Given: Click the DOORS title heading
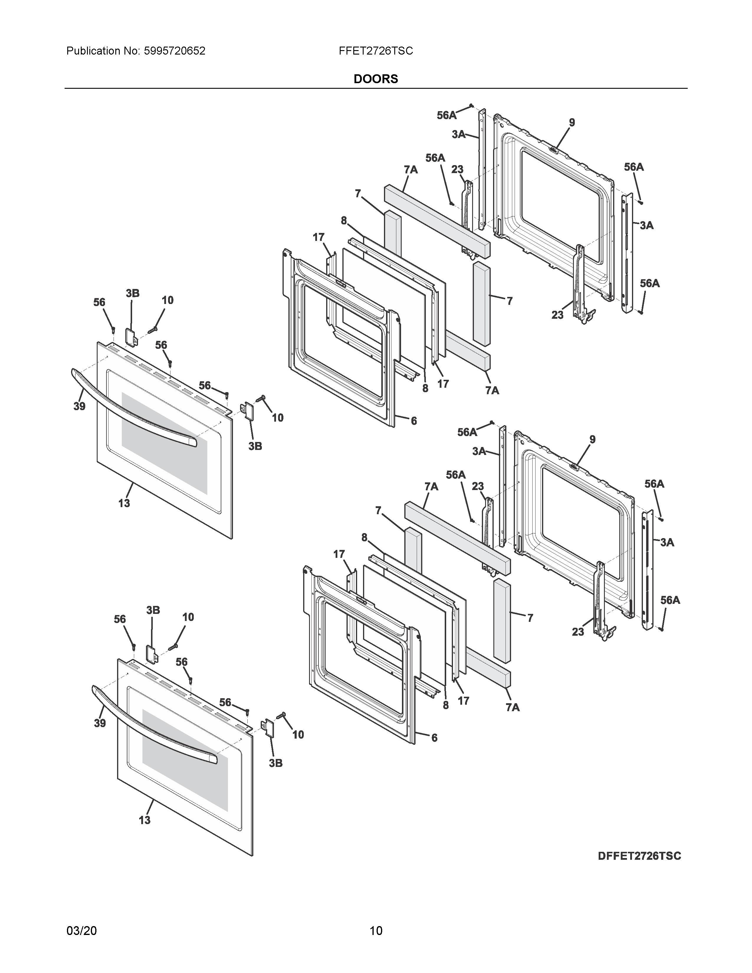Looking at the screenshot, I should (x=375, y=79).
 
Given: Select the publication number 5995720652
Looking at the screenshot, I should (x=174, y=51).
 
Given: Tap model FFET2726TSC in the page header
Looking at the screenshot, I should (x=375, y=51).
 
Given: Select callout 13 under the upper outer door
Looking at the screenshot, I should (x=124, y=503).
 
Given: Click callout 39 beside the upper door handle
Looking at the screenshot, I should (x=79, y=406).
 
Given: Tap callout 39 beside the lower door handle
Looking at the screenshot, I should (x=100, y=723).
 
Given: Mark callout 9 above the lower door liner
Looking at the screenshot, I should (x=592, y=439).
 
